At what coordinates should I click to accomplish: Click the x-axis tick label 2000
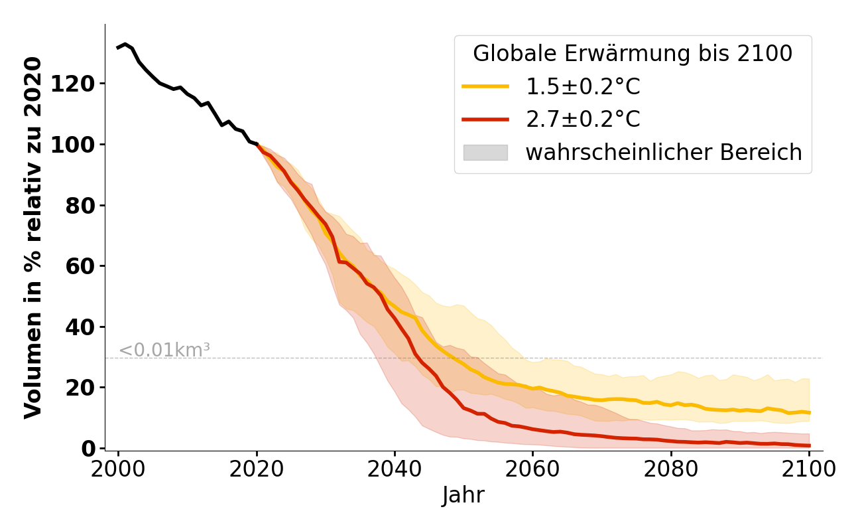coord(118,469)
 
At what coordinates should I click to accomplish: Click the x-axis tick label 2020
coord(257,469)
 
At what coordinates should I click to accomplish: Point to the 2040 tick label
coord(395,469)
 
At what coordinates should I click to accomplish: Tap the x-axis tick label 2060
coord(532,469)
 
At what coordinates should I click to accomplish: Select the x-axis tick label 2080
coord(671,469)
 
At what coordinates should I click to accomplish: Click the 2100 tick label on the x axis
coord(809,469)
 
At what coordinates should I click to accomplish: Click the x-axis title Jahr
coord(463,496)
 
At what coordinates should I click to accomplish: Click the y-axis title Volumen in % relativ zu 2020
coord(33,238)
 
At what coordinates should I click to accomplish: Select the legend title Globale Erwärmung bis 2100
coord(633,54)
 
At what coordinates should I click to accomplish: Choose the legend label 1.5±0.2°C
coord(583,87)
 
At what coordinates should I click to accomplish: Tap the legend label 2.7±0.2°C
coord(583,119)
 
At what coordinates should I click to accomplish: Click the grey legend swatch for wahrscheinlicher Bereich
coord(485,153)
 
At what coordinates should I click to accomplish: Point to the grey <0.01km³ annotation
coord(164,350)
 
